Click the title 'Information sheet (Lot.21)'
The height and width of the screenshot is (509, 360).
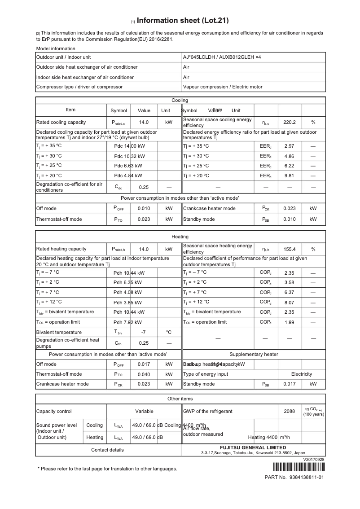tap(183, 20)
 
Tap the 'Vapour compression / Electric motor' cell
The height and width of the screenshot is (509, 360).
tap(223, 87)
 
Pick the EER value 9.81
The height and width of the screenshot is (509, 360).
tap(289, 176)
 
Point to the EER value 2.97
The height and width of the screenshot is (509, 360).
tap(289, 146)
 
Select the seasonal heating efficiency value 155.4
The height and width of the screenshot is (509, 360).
tap(289, 249)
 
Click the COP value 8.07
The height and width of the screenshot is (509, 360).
tap(289, 303)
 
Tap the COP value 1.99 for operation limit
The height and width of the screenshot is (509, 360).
tap(289, 322)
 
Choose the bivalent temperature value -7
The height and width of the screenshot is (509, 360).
tap(144, 333)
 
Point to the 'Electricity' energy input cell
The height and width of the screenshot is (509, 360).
tap(301, 374)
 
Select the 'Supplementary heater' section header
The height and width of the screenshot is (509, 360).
tap(254, 355)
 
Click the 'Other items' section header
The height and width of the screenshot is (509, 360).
tap(180, 399)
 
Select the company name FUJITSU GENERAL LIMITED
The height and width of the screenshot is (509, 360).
tap(253, 448)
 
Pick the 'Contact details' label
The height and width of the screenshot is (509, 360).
tap(107, 450)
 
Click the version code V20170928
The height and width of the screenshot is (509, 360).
tap(314, 460)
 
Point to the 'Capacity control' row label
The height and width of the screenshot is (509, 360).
tap(54, 411)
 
